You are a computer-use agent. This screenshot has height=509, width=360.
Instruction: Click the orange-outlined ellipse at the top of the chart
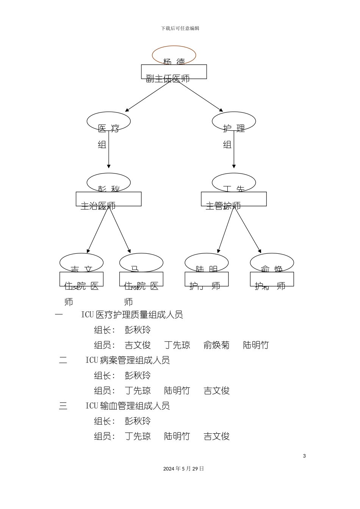coord(174,55)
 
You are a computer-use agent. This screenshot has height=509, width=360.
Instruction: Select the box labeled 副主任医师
coord(174,72)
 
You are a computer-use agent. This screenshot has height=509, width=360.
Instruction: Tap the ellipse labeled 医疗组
coord(108,121)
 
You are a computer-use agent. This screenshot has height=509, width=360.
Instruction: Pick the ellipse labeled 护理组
coord(234,121)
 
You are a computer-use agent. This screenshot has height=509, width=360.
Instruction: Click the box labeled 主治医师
coord(108,199)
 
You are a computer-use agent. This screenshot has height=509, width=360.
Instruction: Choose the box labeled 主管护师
coord(234,199)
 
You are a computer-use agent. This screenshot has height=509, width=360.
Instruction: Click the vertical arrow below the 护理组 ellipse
coord(234,150)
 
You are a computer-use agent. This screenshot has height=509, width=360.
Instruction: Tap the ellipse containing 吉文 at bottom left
coord(81,262)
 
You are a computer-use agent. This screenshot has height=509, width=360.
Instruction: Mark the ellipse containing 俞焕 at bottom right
coord(272,262)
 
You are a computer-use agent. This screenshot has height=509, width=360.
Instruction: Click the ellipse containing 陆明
coord(207,262)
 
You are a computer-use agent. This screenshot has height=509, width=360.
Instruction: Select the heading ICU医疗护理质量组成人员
coord(132,315)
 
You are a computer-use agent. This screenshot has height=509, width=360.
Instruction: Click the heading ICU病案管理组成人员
coord(127,360)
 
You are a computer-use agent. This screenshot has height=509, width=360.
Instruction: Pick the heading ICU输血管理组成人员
coord(127,406)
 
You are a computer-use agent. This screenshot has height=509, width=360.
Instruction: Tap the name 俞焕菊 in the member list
coord(216,345)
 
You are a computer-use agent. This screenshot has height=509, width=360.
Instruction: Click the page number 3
coord(304,456)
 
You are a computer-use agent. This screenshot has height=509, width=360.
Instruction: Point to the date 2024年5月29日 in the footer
coord(183,469)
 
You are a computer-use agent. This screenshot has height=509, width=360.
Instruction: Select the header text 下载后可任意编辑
coord(180,28)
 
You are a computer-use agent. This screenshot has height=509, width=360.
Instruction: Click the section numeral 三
coord(63,406)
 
